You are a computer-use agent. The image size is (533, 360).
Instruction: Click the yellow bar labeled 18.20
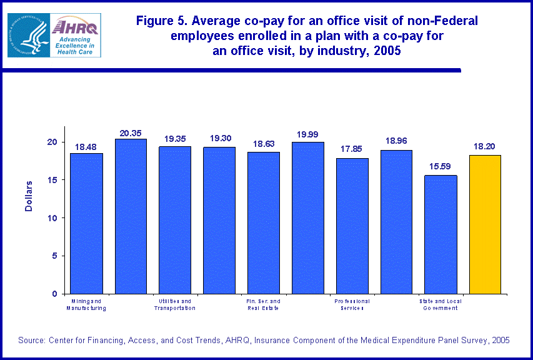tap(485, 224)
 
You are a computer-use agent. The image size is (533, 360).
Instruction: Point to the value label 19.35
tap(175, 139)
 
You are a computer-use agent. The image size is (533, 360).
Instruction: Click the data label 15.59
tap(441, 167)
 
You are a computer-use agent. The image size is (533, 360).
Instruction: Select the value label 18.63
tap(264, 144)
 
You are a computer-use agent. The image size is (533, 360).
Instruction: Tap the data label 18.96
tap(397, 142)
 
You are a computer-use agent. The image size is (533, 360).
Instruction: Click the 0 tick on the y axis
tap(56, 294)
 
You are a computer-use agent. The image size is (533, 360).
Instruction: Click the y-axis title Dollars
tap(29, 197)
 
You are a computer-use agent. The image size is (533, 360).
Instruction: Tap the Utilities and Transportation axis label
tap(175, 304)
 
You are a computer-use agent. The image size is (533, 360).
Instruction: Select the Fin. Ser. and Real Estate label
tap(264, 304)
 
